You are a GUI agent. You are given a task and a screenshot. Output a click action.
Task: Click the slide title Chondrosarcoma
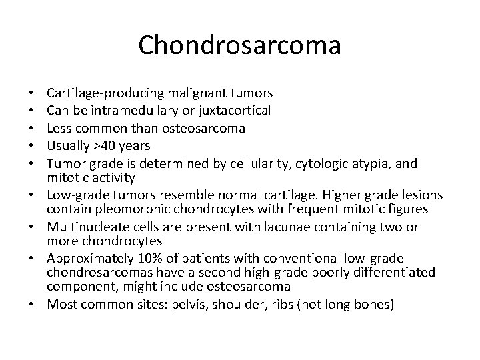coord(240,45)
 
